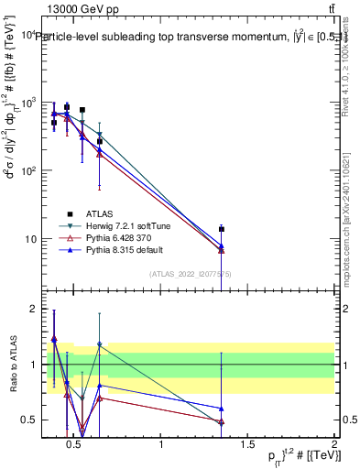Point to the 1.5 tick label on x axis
(248, 446)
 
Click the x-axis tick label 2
(334, 446)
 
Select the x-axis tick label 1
(162, 446)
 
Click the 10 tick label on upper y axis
(30, 239)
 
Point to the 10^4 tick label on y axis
(28, 35)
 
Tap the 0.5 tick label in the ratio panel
(28, 420)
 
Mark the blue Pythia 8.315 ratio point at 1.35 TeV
(222, 409)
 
